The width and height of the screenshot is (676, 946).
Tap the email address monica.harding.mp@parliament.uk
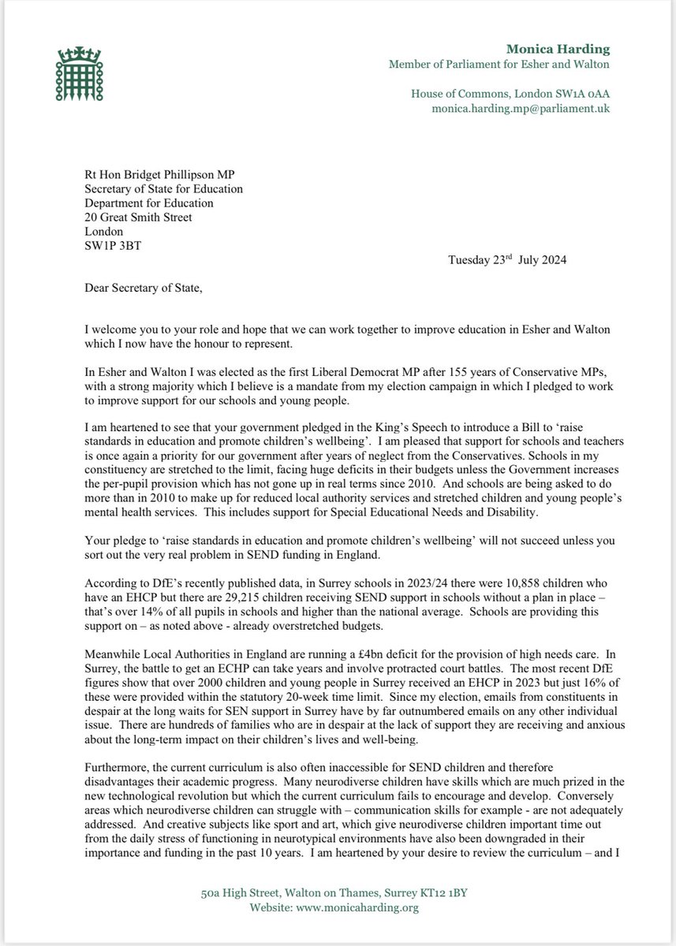521,111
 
